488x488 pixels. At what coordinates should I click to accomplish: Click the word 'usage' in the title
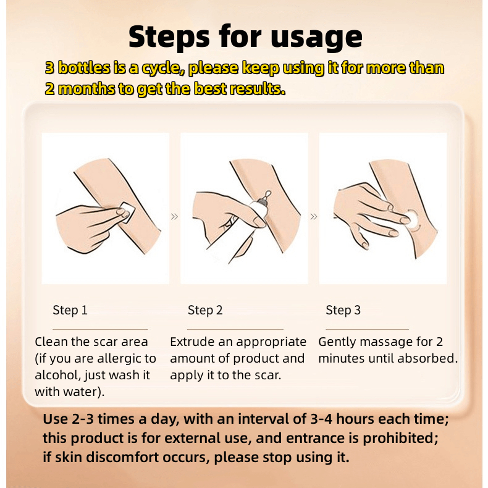[x=316, y=38]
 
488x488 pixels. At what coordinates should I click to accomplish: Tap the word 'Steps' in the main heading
[x=169, y=36]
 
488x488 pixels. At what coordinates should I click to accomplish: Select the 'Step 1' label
[x=70, y=310]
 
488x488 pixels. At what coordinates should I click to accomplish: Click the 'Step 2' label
[x=205, y=310]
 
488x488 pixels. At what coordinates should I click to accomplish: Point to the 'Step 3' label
[x=343, y=310]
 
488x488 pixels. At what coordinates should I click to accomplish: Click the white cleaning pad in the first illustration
[x=127, y=212]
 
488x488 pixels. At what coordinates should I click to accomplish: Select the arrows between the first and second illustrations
[x=175, y=216]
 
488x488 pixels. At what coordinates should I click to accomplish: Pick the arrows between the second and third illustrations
[x=314, y=216]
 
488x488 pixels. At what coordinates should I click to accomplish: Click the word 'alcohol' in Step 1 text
[x=57, y=375]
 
